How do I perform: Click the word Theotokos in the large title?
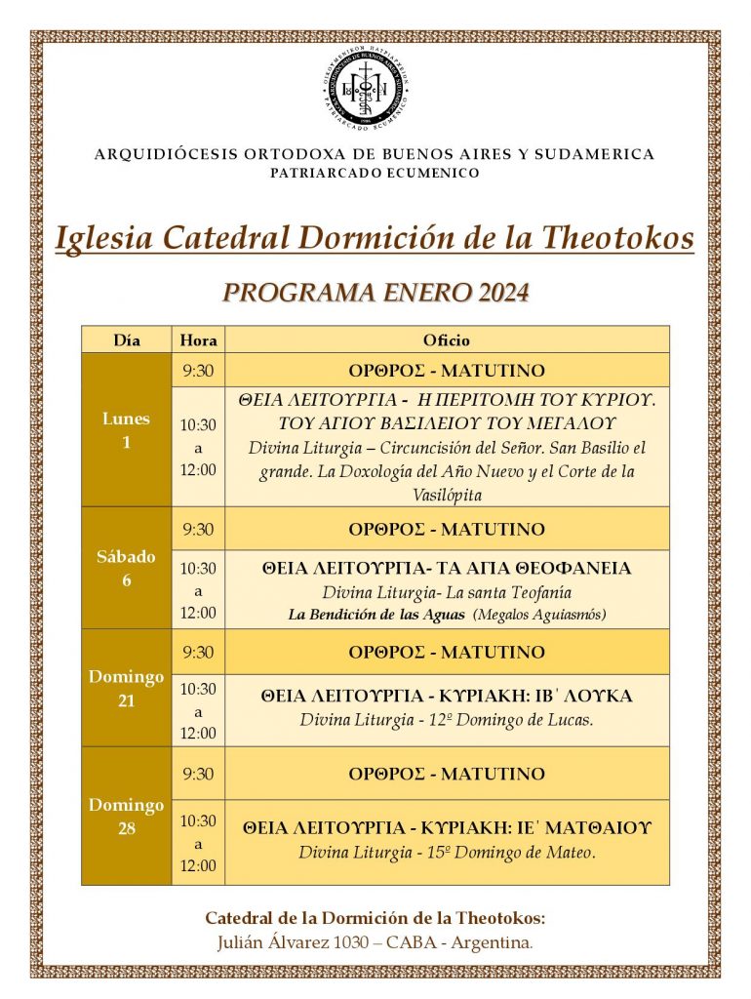tap(616, 237)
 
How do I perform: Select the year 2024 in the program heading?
tap(501, 293)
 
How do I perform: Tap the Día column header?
tap(127, 340)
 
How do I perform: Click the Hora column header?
tap(199, 340)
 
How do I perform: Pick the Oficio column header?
tap(447, 340)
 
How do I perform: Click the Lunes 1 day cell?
tap(127, 430)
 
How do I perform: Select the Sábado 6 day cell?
tap(127, 569)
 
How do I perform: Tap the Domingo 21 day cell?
tap(127, 688)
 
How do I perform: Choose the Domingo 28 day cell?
tap(127, 817)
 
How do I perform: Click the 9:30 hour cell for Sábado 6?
tap(199, 529)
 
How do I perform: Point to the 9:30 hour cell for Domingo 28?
tap(199, 774)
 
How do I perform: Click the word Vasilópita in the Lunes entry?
tap(447, 495)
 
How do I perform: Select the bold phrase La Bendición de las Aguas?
tap(376, 615)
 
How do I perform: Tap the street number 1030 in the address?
tap(356, 942)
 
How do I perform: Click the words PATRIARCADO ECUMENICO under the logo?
tap(375, 173)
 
